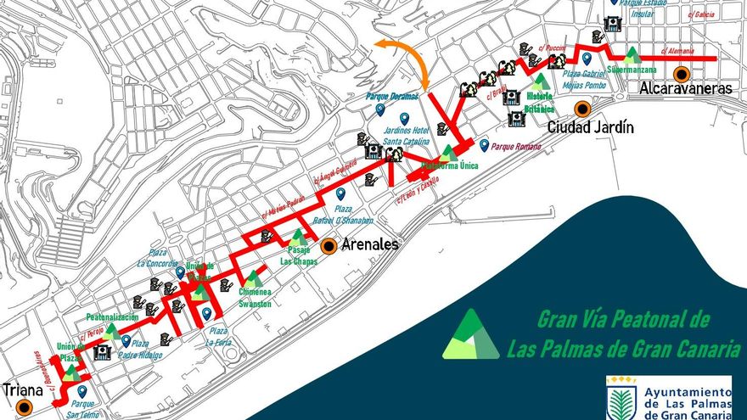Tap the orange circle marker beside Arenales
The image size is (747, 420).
point(329,246)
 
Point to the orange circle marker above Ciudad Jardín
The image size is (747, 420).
point(581,109)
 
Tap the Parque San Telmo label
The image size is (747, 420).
point(82,408)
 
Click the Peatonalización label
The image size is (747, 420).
point(112,316)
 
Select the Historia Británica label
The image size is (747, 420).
point(533,103)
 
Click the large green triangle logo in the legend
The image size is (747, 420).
point(471,335)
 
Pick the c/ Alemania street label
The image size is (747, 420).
point(676,52)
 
